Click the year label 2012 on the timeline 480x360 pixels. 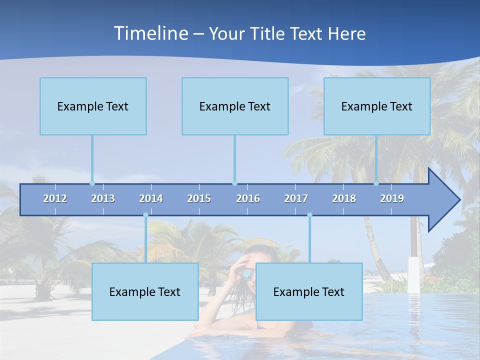(55, 198)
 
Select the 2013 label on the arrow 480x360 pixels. (103, 198)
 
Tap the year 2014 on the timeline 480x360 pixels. (151, 198)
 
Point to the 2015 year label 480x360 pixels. (199, 198)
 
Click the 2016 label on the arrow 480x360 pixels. (248, 198)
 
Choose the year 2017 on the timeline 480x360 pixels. (296, 198)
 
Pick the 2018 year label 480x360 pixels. (344, 198)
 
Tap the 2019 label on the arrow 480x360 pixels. (392, 198)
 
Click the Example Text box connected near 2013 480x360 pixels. (93, 106)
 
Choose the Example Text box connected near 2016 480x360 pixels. (235, 106)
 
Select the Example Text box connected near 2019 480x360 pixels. (377, 106)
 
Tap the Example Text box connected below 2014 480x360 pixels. (145, 291)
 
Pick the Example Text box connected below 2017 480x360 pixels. (309, 291)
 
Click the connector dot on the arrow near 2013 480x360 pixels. (92, 183)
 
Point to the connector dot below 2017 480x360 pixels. (309, 215)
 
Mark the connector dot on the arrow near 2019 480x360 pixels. (376, 183)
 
